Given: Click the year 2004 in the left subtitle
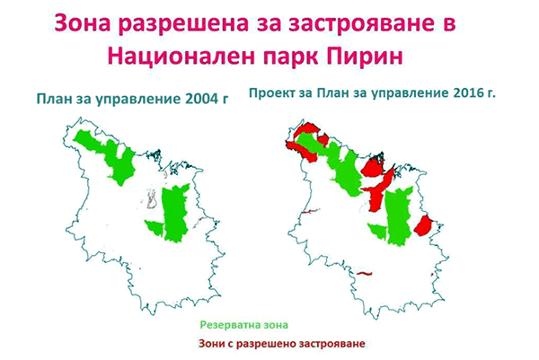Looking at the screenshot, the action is (x=200, y=99).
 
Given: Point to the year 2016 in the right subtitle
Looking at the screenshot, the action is (x=469, y=93).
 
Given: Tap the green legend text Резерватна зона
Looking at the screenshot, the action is (x=244, y=325).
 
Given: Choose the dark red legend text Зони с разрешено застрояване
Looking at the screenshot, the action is (x=282, y=344).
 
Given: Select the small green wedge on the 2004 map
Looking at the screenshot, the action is (x=155, y=227).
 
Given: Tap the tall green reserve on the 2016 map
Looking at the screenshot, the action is (x=399, y=216).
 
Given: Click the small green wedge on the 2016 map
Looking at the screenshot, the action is (x=378, y=231).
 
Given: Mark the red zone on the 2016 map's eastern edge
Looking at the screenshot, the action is (x=423, y=225).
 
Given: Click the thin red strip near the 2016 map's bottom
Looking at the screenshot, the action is (x=365, y=274).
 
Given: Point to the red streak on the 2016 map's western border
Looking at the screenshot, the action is (x=311, y=211).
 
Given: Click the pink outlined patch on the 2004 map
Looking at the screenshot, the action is (x=152, y=200).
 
